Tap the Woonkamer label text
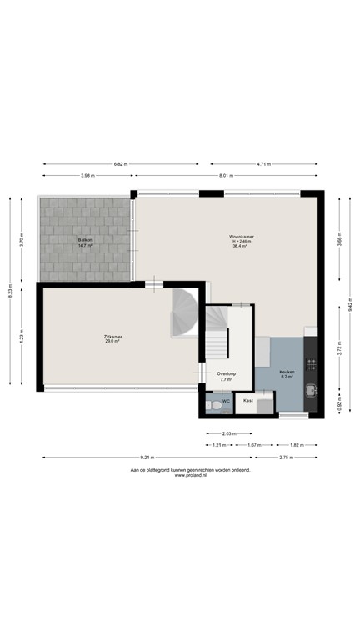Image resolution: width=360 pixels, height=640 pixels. pyautogui.click(x=242, y=237)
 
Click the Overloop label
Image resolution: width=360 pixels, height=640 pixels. pyautogui.click(x=226, y=374)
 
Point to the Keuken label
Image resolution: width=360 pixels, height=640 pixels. pyautogui.click(x=287, y=372)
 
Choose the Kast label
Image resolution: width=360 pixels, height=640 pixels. pyautogui.click(x=247, y=401)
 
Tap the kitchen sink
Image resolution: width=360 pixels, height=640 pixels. pyautogui.click(x=311, y=390)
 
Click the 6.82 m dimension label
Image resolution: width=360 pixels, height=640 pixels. pyautogui.click(x=121, y=164)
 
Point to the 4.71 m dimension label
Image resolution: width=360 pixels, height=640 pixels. pyautogui.click(x=265, y=164)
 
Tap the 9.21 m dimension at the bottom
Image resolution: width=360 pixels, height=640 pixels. pyautogui.click(x=146, y=457)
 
